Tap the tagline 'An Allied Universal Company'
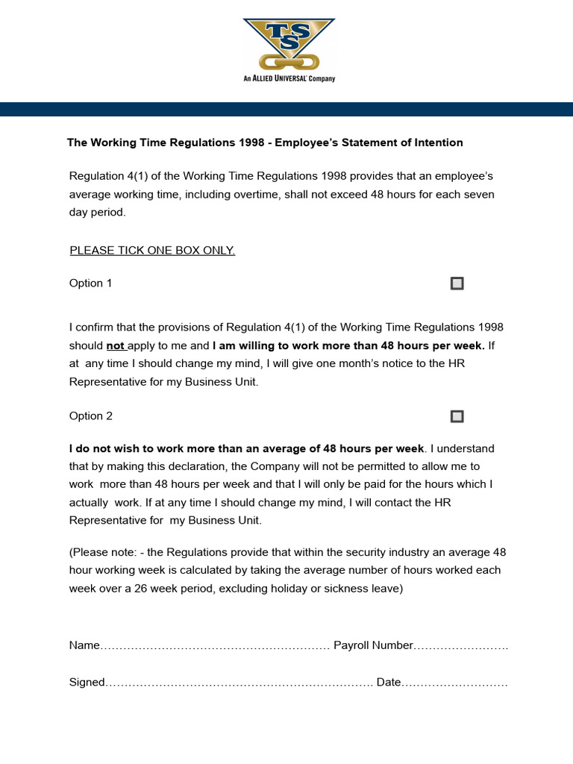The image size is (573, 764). click(x=289, y=78)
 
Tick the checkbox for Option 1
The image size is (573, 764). click(x=457, y=284)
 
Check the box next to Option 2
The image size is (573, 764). click(x=457, y=416)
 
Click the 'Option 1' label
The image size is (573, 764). click(x=91, y=284)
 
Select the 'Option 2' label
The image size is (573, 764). click(x=91, y=416)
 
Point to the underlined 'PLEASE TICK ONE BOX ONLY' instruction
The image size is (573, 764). click(x=152, y=251)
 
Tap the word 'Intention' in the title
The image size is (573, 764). click(x=437, y=143)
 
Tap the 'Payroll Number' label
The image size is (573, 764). click(x=373, y=645)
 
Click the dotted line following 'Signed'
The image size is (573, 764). click(x=239, y=683)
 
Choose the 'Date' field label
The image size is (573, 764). click(x=389, y=683)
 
